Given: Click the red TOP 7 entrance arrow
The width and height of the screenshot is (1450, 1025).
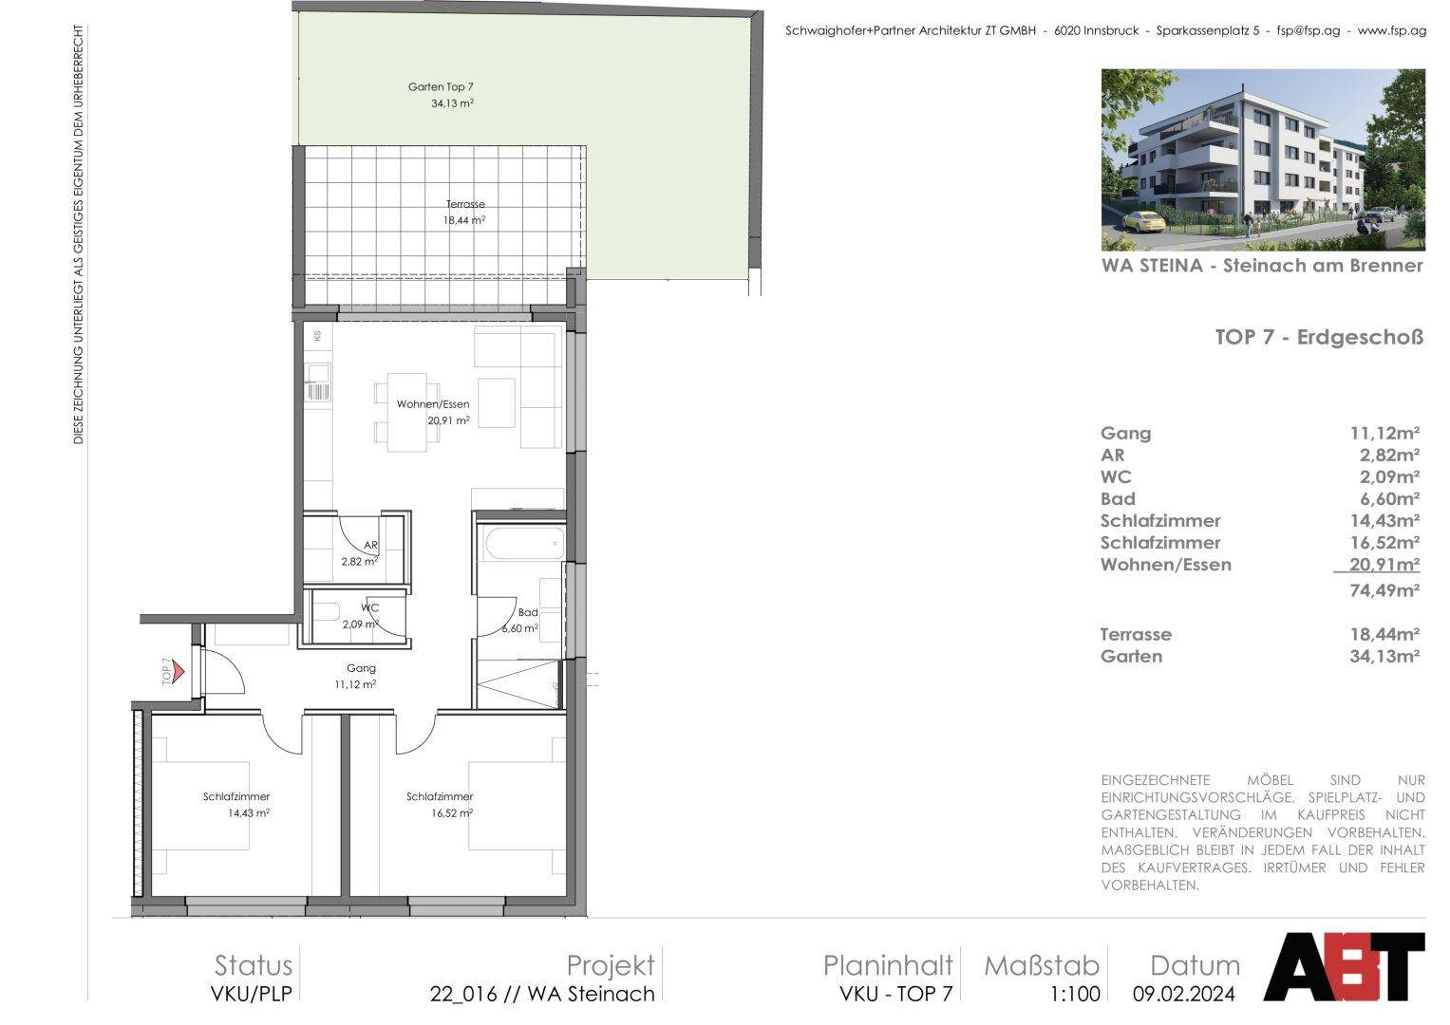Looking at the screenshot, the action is [x=179, y=672].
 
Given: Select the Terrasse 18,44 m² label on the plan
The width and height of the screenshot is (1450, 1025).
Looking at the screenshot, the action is [x=464, y=213].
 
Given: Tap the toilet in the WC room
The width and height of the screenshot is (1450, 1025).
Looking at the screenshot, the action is [x=326, y=612].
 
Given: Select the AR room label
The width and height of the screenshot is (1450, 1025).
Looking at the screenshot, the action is [x=360, y=553].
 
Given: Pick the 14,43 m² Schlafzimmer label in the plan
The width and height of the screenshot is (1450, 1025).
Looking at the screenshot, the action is [x=236, y=805].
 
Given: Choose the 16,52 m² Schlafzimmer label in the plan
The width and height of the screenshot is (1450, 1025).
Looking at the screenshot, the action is [x=441, y=805].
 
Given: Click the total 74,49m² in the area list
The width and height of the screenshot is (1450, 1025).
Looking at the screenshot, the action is [x=1384, y=589].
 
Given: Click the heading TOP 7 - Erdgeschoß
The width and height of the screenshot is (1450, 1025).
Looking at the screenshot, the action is [x=1319, y=337].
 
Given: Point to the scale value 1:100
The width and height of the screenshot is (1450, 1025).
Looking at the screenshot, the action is [x=1075, y=994].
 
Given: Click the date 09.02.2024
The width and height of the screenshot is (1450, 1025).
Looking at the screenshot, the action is [x=1184, y=994].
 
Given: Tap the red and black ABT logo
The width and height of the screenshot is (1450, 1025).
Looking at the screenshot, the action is [x=1345, y=966].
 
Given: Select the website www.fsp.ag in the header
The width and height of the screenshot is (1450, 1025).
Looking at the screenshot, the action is [x=1392, y=30].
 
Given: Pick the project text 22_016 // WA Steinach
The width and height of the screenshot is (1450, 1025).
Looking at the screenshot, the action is [x=542, y=994].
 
